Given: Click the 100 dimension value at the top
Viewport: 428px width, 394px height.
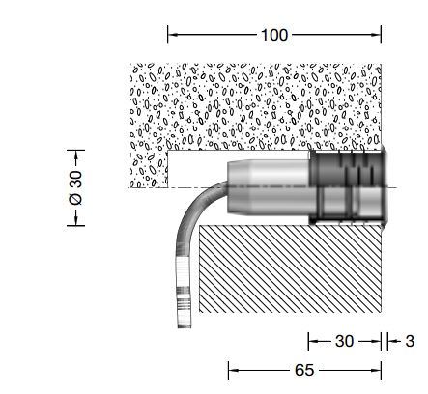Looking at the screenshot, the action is pyautogui.click(x=274, y=35).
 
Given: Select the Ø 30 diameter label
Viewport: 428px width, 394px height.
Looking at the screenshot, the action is pyautogui.click(x=76, y=187).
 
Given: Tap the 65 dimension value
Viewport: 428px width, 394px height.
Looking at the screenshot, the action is pyautogui.click(x=304, y=370).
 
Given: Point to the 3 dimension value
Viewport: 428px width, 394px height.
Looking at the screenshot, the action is pyautogui.click(x=410, y=341).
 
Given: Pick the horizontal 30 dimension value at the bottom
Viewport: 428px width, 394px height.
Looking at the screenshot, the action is pyautogui.click(x=344, y=341).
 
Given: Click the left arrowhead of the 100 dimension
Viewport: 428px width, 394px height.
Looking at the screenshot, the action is pyautogui.click(x=172, y=35).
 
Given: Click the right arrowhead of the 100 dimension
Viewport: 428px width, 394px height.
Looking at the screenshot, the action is pyautogui.click(x=377, y=35).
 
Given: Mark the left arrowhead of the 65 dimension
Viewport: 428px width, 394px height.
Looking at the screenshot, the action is pyautogui.click(x=233, y=370).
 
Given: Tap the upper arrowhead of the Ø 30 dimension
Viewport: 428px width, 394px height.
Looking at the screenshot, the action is pyautogui.click(x=76, y=155).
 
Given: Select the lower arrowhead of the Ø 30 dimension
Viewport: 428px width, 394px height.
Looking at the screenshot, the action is pyautogui.click(x=76, y=221).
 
